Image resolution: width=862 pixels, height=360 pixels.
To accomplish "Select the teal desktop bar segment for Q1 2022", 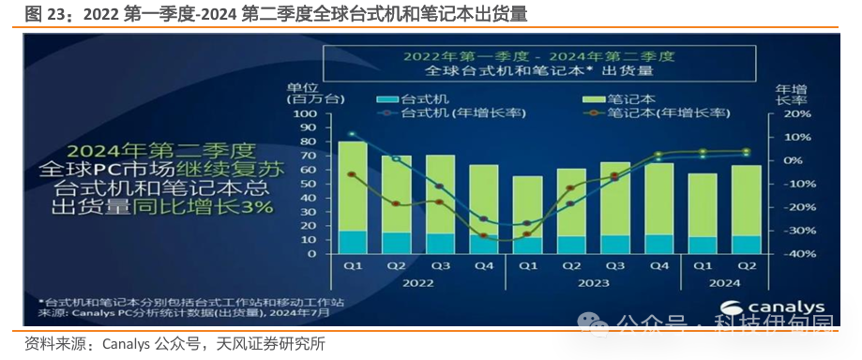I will tap(352, 242).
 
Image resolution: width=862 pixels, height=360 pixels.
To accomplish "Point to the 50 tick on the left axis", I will tap(309, 183).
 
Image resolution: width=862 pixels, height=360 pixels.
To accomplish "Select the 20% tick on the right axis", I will tap(786, 112).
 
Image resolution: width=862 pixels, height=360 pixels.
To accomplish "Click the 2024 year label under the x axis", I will tap(724, 281).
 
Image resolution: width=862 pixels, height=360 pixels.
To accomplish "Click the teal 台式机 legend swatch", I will tap(386, 98).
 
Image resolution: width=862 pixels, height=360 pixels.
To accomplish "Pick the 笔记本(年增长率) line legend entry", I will tap(657, 112).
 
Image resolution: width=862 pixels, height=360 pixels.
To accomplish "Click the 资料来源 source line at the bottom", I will tap(174, 344).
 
